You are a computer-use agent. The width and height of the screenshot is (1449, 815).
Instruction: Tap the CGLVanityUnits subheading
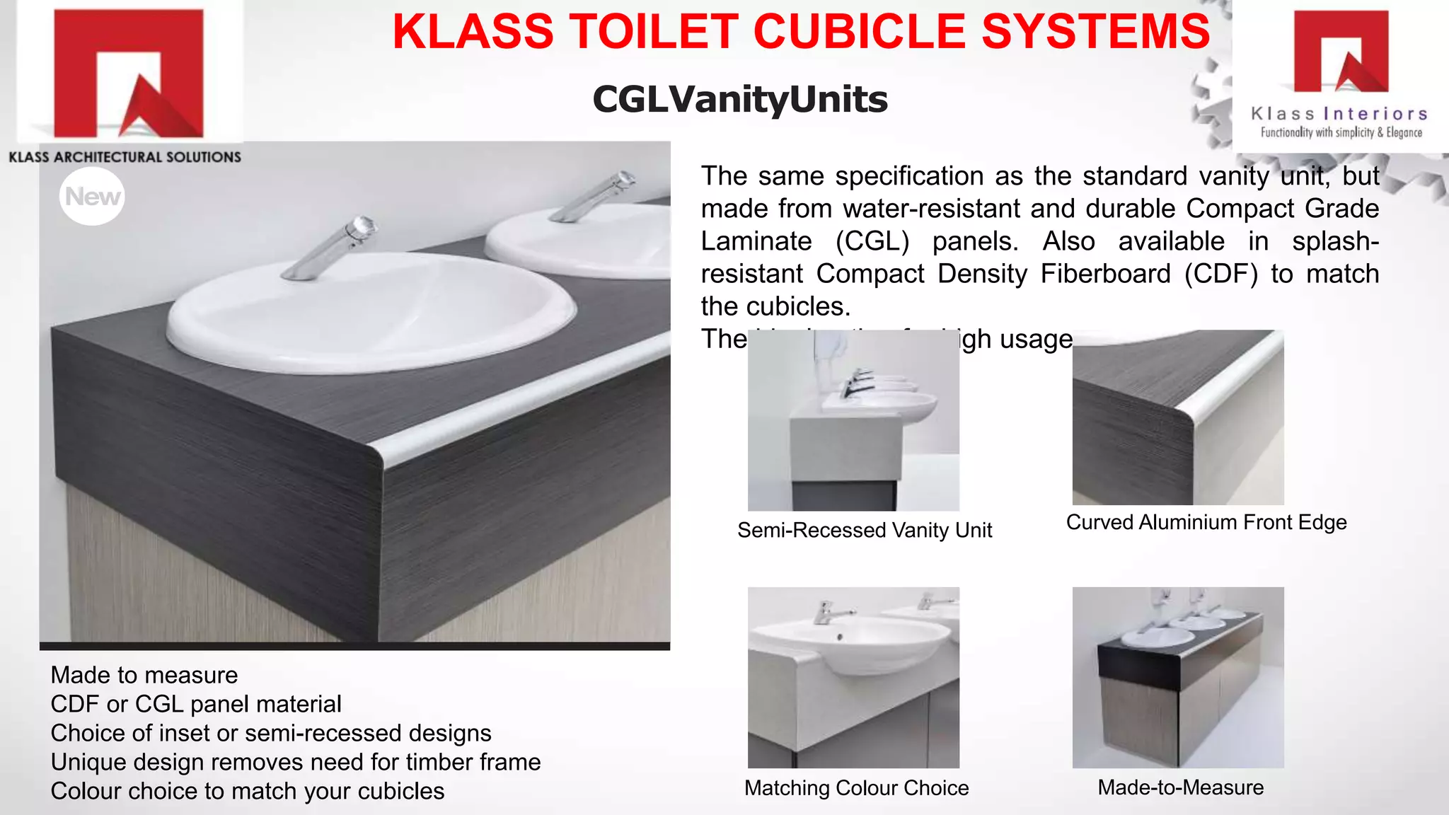click(740, 99)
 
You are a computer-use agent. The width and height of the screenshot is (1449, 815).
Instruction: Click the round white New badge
click(92, 196)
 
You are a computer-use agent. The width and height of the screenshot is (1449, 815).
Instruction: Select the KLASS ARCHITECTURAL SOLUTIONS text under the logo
click(125, 157)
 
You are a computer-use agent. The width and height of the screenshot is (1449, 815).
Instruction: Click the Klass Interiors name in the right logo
click(1339, 114)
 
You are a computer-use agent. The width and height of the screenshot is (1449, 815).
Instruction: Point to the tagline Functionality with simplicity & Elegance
click(1341, 132)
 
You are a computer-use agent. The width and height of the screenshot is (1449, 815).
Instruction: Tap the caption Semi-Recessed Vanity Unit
click(864, 530)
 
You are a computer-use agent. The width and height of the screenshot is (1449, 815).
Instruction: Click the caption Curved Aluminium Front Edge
click(1206, 522)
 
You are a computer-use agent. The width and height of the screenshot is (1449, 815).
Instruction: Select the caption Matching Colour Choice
click(856, 787)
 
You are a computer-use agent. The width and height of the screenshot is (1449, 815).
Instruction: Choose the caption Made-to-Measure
click(1180, 787)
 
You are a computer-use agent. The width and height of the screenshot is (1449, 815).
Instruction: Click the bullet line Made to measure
click(144, 675)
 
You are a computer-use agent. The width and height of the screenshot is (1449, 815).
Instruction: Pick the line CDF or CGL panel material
click(196, 704)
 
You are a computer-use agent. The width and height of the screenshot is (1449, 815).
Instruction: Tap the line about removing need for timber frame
click(296, 762)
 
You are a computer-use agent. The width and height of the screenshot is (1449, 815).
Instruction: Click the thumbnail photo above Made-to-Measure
click(1178, 677)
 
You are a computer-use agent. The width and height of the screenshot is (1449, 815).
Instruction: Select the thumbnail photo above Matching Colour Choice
click(853, 677)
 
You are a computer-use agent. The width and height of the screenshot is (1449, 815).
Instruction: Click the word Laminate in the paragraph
click(756, 241)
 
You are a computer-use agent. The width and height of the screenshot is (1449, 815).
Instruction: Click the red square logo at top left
click(128, 73)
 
